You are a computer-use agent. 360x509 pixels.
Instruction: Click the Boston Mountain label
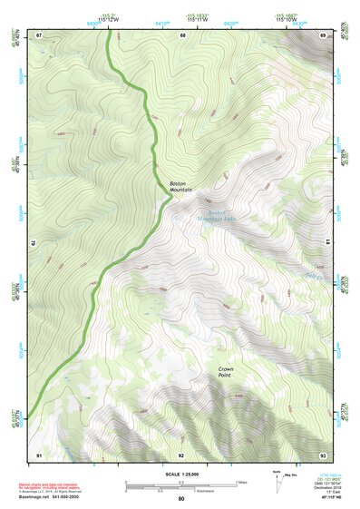pyautogui.click(x=181, y=186)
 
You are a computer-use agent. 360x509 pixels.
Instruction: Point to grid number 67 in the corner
pyautogui.click(x=40, y=35)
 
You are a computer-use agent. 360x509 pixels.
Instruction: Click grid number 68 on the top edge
pyautogui.click(x=182, y=35)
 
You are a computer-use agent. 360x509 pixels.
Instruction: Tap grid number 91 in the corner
pyautogui.click(x=39, y=454)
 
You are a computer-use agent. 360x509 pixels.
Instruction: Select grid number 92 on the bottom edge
pyautogui.click(x=181, y=455)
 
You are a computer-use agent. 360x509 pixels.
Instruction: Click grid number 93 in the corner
pyautogui.click(x=322, y=454)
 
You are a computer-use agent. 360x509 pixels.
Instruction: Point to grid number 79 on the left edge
pyautogui.click(x=34, y=244)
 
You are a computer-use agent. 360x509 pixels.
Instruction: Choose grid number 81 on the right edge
pyautogui.click(x=327, y=243)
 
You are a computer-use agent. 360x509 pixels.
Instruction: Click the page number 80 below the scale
pyautogui.click(x=181, y=499)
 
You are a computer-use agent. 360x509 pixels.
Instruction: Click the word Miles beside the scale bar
pyautogui.click(x=241, y=482)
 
